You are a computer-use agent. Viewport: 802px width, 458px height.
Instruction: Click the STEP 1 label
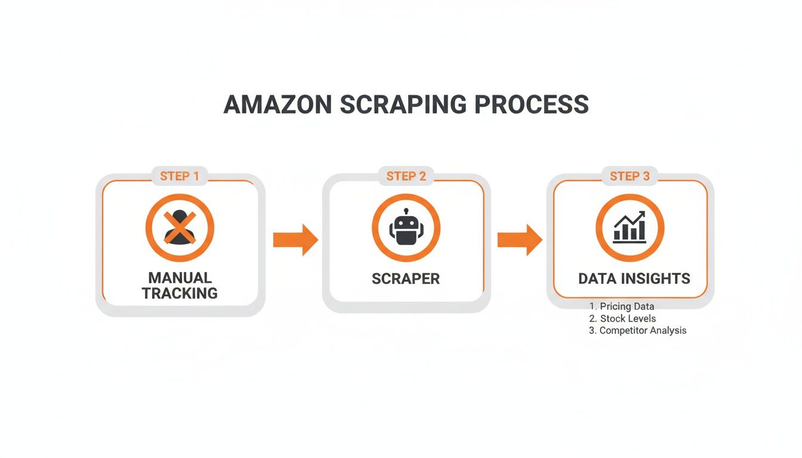coord(180,176)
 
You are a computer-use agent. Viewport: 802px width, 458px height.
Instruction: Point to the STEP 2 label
coord(406,176)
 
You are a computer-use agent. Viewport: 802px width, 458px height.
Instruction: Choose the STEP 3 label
coord(630,176)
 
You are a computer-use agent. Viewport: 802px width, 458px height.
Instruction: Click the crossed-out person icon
coord(180,228)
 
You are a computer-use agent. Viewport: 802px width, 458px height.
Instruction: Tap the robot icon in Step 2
coord(406,229)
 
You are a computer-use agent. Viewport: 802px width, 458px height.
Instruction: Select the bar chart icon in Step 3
coord(630,228)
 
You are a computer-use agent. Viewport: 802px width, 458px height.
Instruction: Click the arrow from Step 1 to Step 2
coord(295,240)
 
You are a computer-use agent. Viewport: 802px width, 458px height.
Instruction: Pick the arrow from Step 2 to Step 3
coord(520,240)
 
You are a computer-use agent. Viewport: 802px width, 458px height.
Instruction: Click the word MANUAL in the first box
coord(180,278)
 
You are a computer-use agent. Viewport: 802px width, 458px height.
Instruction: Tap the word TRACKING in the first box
coord(180,293)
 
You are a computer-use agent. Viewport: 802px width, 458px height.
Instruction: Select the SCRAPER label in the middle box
coord(406,278)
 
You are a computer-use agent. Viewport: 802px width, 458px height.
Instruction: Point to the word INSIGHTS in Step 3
coord(656,278)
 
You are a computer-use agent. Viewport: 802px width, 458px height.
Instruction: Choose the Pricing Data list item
coord(627,307)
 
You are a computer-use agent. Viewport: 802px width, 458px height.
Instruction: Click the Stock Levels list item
coord(628,318)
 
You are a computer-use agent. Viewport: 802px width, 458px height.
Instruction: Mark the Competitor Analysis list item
coord(643,330)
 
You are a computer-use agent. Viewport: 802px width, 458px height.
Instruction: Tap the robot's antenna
coord(406,212)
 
